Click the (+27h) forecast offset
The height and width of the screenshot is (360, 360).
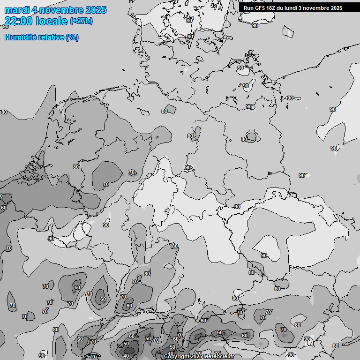click(81, 21)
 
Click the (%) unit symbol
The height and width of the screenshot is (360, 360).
click(72, 37)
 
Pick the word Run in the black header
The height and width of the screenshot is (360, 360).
click(248, 8)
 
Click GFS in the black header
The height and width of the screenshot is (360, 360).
click(261, 8)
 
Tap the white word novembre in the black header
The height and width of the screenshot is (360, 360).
click(318, 8)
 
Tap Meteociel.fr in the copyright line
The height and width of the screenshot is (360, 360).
click(218, 357)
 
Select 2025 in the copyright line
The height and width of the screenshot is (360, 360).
click(196, 357)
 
